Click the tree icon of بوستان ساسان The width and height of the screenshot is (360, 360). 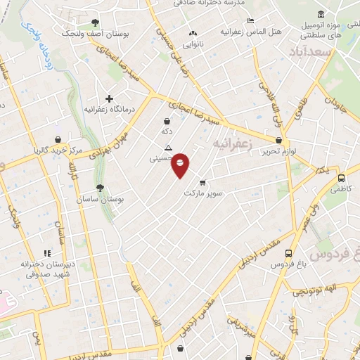click(100, 188)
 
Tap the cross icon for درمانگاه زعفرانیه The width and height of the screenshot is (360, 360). click(108, 99)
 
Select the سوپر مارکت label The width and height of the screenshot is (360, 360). click(203, 192)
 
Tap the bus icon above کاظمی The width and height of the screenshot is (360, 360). click(340, 179)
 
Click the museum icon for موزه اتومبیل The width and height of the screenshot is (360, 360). click(321, 14)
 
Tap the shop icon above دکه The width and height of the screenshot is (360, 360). click(166, 120)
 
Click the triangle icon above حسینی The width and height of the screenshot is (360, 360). click(167, 148)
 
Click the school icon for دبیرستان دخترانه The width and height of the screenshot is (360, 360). click(48, 253)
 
